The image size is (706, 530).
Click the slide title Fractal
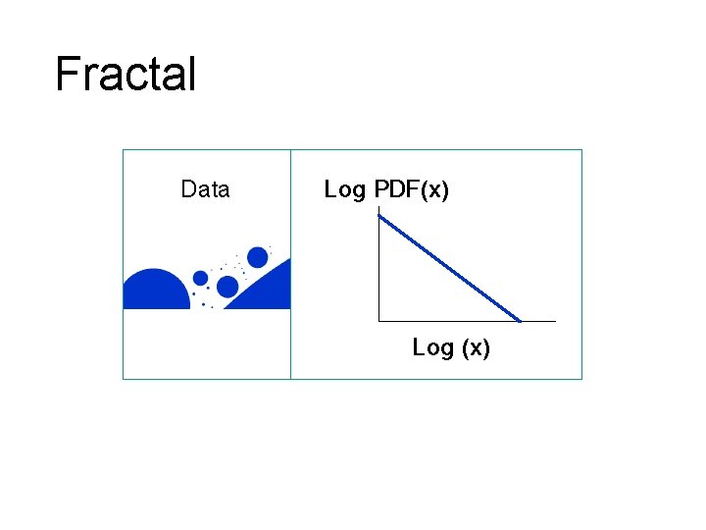(x=126, y=75)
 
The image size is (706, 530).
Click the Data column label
(x=205, y=189)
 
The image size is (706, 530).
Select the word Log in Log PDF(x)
(x=344, y=189)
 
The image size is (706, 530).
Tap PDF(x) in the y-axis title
(x=411, y=189)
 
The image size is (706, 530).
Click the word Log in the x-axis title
(x=432, y=347)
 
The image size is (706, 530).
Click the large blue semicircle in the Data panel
(x=156, y=292)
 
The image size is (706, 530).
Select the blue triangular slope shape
(x=270, y=292)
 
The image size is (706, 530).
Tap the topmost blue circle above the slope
(x=258, y=257)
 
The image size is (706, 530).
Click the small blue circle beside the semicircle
(x=200, y=278)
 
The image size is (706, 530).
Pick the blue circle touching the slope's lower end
(x=227, y=287)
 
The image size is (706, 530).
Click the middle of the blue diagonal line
(x=449, y=268)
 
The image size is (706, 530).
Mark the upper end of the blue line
(x=380, y=217)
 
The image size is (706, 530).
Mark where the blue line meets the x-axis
(x=520, y=320)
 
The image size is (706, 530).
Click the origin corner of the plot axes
(x=378, y=321)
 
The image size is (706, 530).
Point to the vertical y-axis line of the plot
(x=378, y=275)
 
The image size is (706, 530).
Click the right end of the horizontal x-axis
(x=554, y=321)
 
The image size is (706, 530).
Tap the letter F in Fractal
(x=67, y=75)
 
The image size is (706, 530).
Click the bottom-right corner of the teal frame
(x=581, y=378)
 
